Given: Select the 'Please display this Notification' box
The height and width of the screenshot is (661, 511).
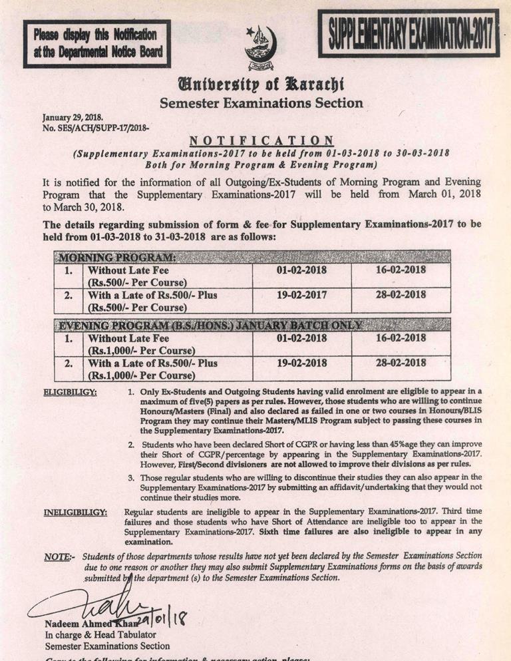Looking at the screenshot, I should click(96, 43).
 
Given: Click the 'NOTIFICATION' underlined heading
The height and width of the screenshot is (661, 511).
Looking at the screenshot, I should click(261, 140).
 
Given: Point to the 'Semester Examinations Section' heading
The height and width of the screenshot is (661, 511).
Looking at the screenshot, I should click(261, 103).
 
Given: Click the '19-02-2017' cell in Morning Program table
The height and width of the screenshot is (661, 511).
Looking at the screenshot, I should click(301, 295).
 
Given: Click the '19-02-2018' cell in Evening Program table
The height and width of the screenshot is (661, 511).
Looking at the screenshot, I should click(301, 363).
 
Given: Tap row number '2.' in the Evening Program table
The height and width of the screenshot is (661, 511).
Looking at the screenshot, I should click(68, 363).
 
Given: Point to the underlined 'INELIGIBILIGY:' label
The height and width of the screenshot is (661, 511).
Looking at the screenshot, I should click(75, 512).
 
